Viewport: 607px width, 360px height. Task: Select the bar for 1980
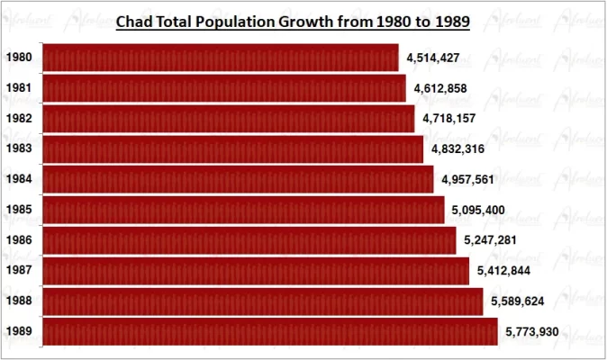click(x=221, y=58)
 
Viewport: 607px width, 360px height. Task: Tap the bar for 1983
click(x=233, y=148)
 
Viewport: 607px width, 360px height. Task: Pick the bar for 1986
click(x=249, y=240)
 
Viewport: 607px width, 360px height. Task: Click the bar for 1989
click(x=270, y=331)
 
